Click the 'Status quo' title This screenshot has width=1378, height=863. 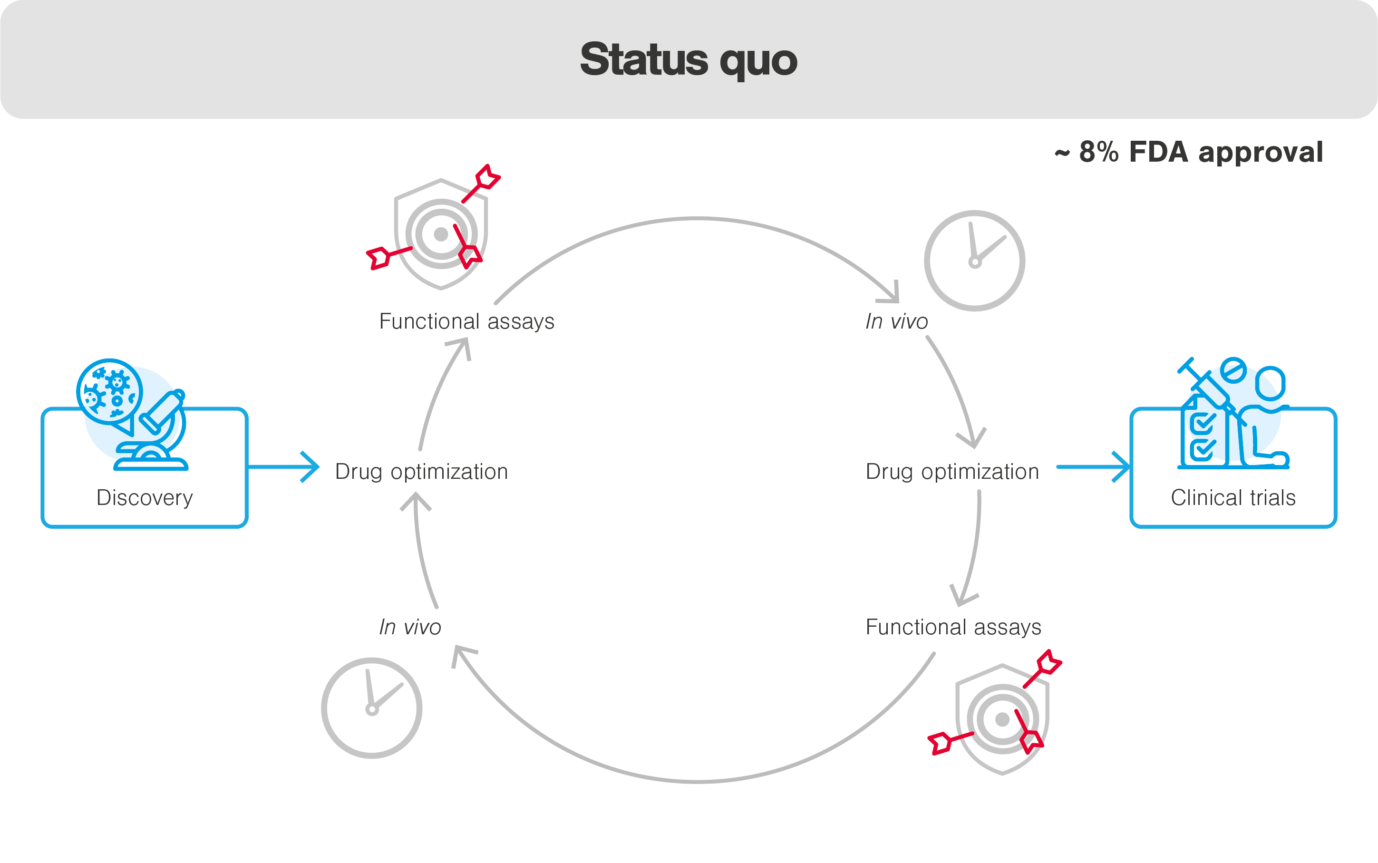(x=689, y=60)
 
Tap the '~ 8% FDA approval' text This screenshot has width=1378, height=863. (x=1189, y=153)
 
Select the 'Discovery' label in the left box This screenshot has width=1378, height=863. (x=145, y=498)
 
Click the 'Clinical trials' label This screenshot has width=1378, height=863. (x=1233, y=498)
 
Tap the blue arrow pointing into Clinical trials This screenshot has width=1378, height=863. (x=1093, y=467)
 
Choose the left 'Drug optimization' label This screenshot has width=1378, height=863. (x=421, y=472)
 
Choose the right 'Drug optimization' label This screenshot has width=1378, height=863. (x=952, y=472)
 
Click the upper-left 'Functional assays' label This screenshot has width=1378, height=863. (x=466, y=321)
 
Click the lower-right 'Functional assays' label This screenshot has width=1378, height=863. (x=953, y=627)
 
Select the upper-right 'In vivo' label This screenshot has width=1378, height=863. (x=896, y=321)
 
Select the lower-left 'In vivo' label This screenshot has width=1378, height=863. (x=410, y=627)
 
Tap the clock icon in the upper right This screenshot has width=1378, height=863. (x=974, y=261)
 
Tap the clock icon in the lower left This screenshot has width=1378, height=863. (x=371, y=708)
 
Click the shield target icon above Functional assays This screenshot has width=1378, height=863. (x=440, y=234)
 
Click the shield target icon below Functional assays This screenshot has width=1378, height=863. (x=1002, y=719)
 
